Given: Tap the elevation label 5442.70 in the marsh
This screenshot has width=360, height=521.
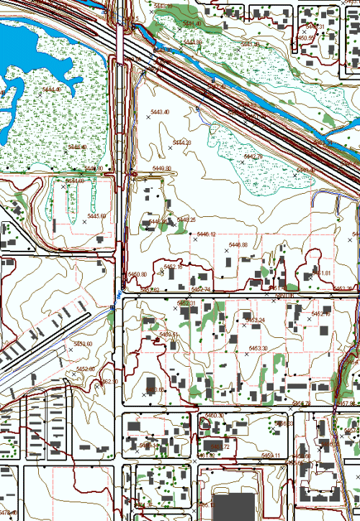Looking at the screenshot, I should coord(252,156).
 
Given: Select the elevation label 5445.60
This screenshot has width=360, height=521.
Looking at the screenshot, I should coord(96,216).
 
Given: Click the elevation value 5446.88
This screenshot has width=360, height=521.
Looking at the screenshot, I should coord(238,245).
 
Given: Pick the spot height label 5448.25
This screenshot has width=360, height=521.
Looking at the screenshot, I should coord(186,220).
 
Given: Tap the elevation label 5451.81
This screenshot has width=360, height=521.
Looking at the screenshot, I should coord(321,274).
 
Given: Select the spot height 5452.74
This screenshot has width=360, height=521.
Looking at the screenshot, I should coord(200,289).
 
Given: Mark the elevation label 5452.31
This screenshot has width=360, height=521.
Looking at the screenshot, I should coord(186,303).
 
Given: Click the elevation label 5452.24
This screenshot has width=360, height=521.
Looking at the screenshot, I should coord(256,320).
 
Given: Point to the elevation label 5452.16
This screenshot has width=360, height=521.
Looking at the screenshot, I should coord(320,314).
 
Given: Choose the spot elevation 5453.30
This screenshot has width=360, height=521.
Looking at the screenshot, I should coord(258,348).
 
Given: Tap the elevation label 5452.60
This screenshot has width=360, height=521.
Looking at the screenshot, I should coord(84,344).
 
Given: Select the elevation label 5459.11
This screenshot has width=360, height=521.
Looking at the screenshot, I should coord(271,455).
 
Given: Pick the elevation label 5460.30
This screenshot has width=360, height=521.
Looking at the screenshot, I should coord(215,416).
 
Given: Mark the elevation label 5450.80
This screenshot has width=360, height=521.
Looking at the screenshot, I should coord(137,275).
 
